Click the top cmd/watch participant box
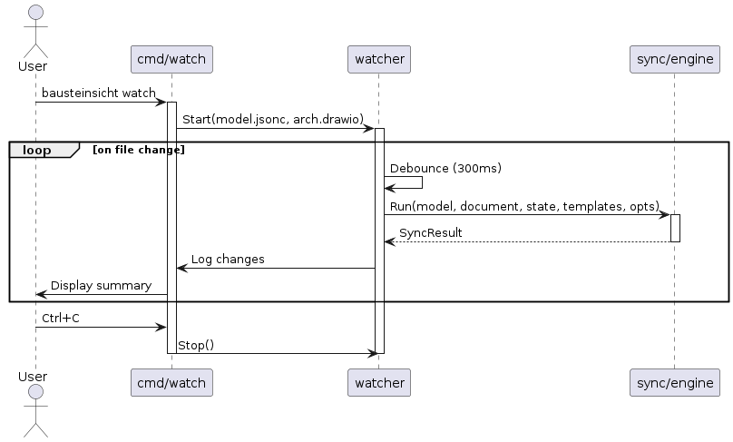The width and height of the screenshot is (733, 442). (x=171, y=60)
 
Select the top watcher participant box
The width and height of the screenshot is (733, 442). (x=379, y=60)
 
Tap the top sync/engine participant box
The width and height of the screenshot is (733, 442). (x=674, y=60)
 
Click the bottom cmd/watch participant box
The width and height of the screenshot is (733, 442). (x=171, y=383)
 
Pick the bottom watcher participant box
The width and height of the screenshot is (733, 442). (x=379, y=383)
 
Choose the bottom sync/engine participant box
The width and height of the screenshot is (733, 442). (x=674, y=383)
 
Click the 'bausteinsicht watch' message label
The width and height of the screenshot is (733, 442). (x=99, y=93)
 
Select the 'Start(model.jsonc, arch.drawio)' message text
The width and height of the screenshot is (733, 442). (x=272, y=120)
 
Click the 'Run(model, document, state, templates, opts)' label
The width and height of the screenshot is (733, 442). (x=524, y=206)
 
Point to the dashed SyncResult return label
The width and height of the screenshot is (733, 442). (x=430, y=233)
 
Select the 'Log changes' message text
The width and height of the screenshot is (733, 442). (x=228, y=260)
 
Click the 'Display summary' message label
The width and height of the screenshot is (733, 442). (x=101, y=286)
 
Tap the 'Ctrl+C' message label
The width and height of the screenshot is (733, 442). (x=60, y=319)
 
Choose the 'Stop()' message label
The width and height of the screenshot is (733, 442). (x=195, y=345)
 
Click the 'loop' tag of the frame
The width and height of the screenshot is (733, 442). (x=38, y=150)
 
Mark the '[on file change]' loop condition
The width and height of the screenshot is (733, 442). (x=139, y=150)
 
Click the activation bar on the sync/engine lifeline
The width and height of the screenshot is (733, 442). (x=675, y=228)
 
